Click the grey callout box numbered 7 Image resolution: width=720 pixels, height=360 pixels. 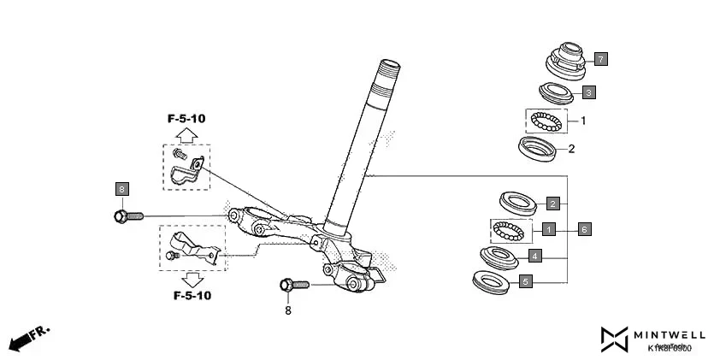click(x=601, y=59)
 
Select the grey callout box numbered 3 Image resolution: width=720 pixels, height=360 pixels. click(x=589, y=91)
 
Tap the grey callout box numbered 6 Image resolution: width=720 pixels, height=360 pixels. click(x=583, y=229)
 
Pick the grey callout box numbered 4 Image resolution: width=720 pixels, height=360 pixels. click(x=534, y=255)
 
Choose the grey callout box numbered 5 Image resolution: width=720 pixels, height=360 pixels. click(x=526, y=280)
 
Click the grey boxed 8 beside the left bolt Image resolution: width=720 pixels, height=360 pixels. click(x=121, y=188)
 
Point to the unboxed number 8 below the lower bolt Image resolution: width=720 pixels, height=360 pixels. click(x=287, y=310)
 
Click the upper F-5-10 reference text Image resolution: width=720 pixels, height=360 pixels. click(x=186, y=118)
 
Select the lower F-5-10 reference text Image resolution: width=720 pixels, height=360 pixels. click(x=192, y=296)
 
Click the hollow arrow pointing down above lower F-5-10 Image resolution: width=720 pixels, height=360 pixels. click(x=192, y=280)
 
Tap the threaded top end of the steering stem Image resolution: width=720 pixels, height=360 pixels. click(x=389, y=67)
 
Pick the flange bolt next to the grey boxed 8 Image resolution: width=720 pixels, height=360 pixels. click(x=128, y=215)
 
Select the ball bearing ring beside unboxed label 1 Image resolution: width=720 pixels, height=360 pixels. click(x=546, y=121)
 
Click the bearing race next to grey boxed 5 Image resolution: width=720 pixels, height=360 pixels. click(x=492, y=280)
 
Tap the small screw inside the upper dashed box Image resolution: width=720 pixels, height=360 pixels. click(x=180, y=155)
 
